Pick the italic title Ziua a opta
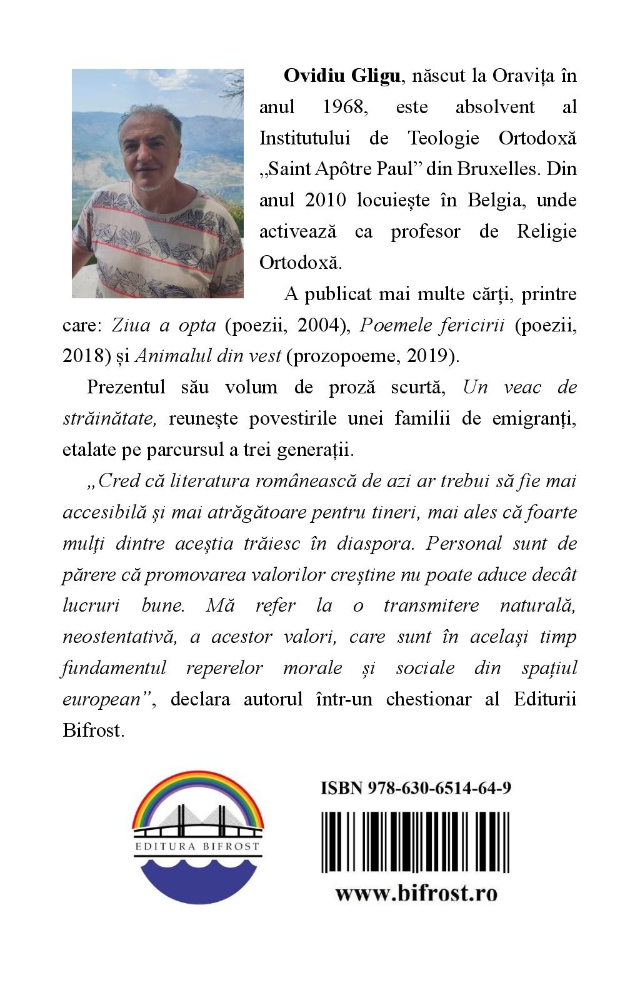click(164, 325)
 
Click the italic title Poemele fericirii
click(432, 325)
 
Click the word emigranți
click(534, 418)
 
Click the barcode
click(416, 842)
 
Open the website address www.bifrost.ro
click(416, 892)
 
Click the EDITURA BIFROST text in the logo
click(197, 847)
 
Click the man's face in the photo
click(152, 150)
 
